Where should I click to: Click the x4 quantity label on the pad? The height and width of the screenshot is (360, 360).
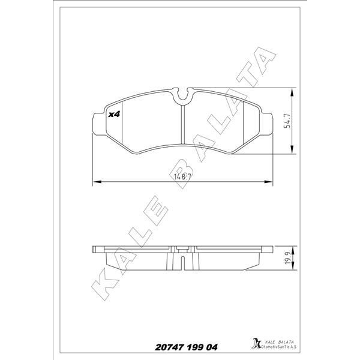coord(113,113)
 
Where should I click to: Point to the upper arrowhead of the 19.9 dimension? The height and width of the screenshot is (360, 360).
coord(292,247)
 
